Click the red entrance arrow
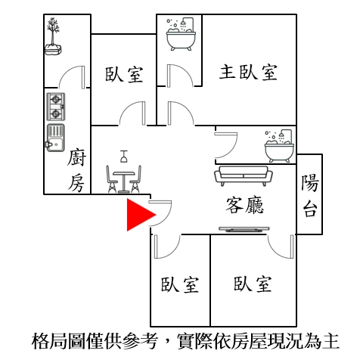(x=138, y=215)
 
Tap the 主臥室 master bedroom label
(x=248, y=73)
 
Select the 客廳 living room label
(x=245, y=205)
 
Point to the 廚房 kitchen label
(x=76, y=171)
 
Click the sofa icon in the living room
(x=244, y=175)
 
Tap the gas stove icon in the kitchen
(x=56, y=107)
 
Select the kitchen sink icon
(x=55, y=138)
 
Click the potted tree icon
(x=53, y=36)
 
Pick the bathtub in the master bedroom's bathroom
(x=181, y=34)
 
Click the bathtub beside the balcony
(x=279, y=146)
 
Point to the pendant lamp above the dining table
(x=123, y=157)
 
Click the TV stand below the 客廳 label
(x=244, y=229)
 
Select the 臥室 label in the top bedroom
(x=124, y=74)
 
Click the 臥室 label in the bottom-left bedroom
(x=180, y=284)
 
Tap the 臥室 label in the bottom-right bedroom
(x=253, y=284)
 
